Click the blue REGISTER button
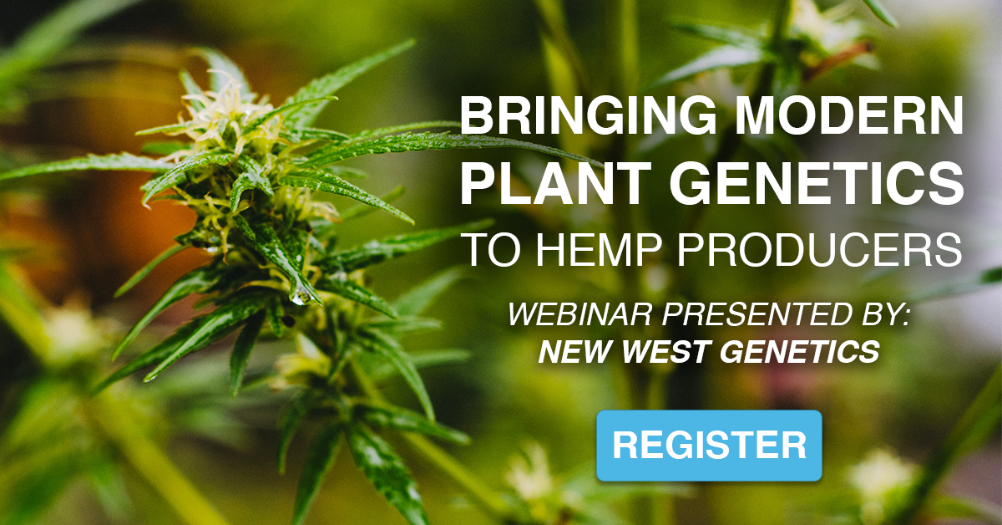click(709, 446)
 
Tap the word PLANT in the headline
click(556, 184)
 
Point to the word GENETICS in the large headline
click(817, 184)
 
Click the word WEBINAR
click(579, 314)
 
